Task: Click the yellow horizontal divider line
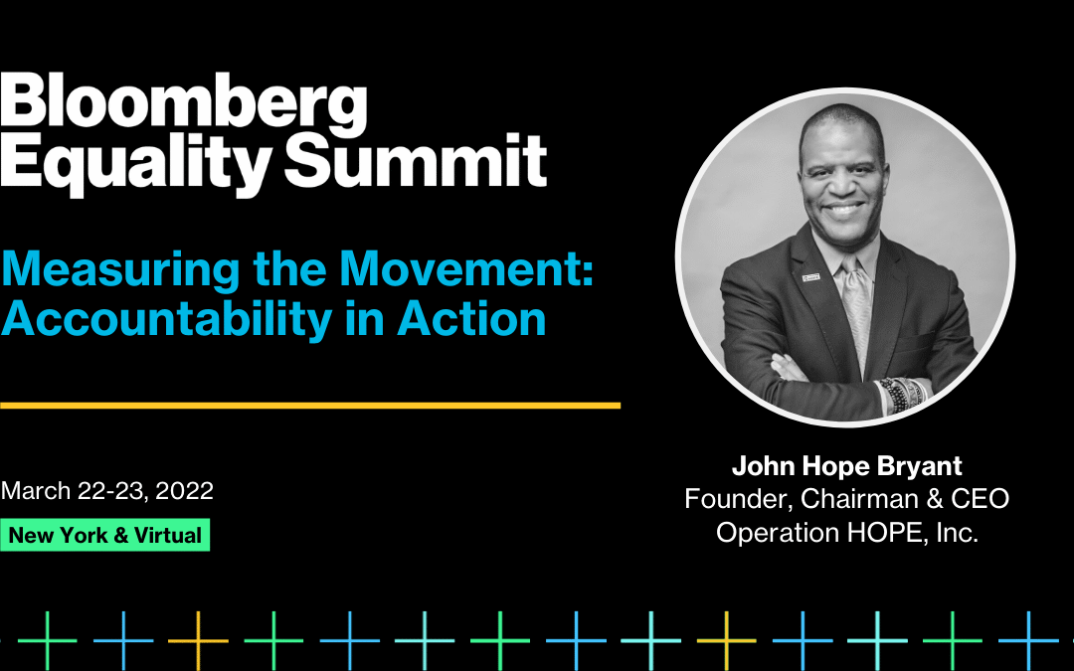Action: click(310, 406)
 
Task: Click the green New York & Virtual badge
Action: click(105, 535)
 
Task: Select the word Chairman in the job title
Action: click(860, 498)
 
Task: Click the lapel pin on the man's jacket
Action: click(808, 275)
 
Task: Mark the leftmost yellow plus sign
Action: click(198, 639)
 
